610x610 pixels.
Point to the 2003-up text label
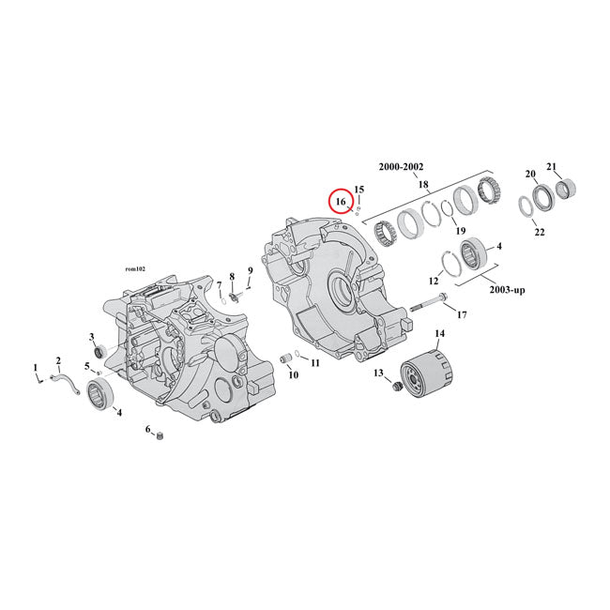[x=506, y=290]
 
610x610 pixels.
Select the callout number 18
[x=423, y=185]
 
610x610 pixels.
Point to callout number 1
[x=36, y=368]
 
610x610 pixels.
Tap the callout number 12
[x=434, y=281]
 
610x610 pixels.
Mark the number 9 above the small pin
[x=251, y=271]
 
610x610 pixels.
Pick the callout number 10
[x=294, y=374]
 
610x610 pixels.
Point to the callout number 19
[x=460, y=231]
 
